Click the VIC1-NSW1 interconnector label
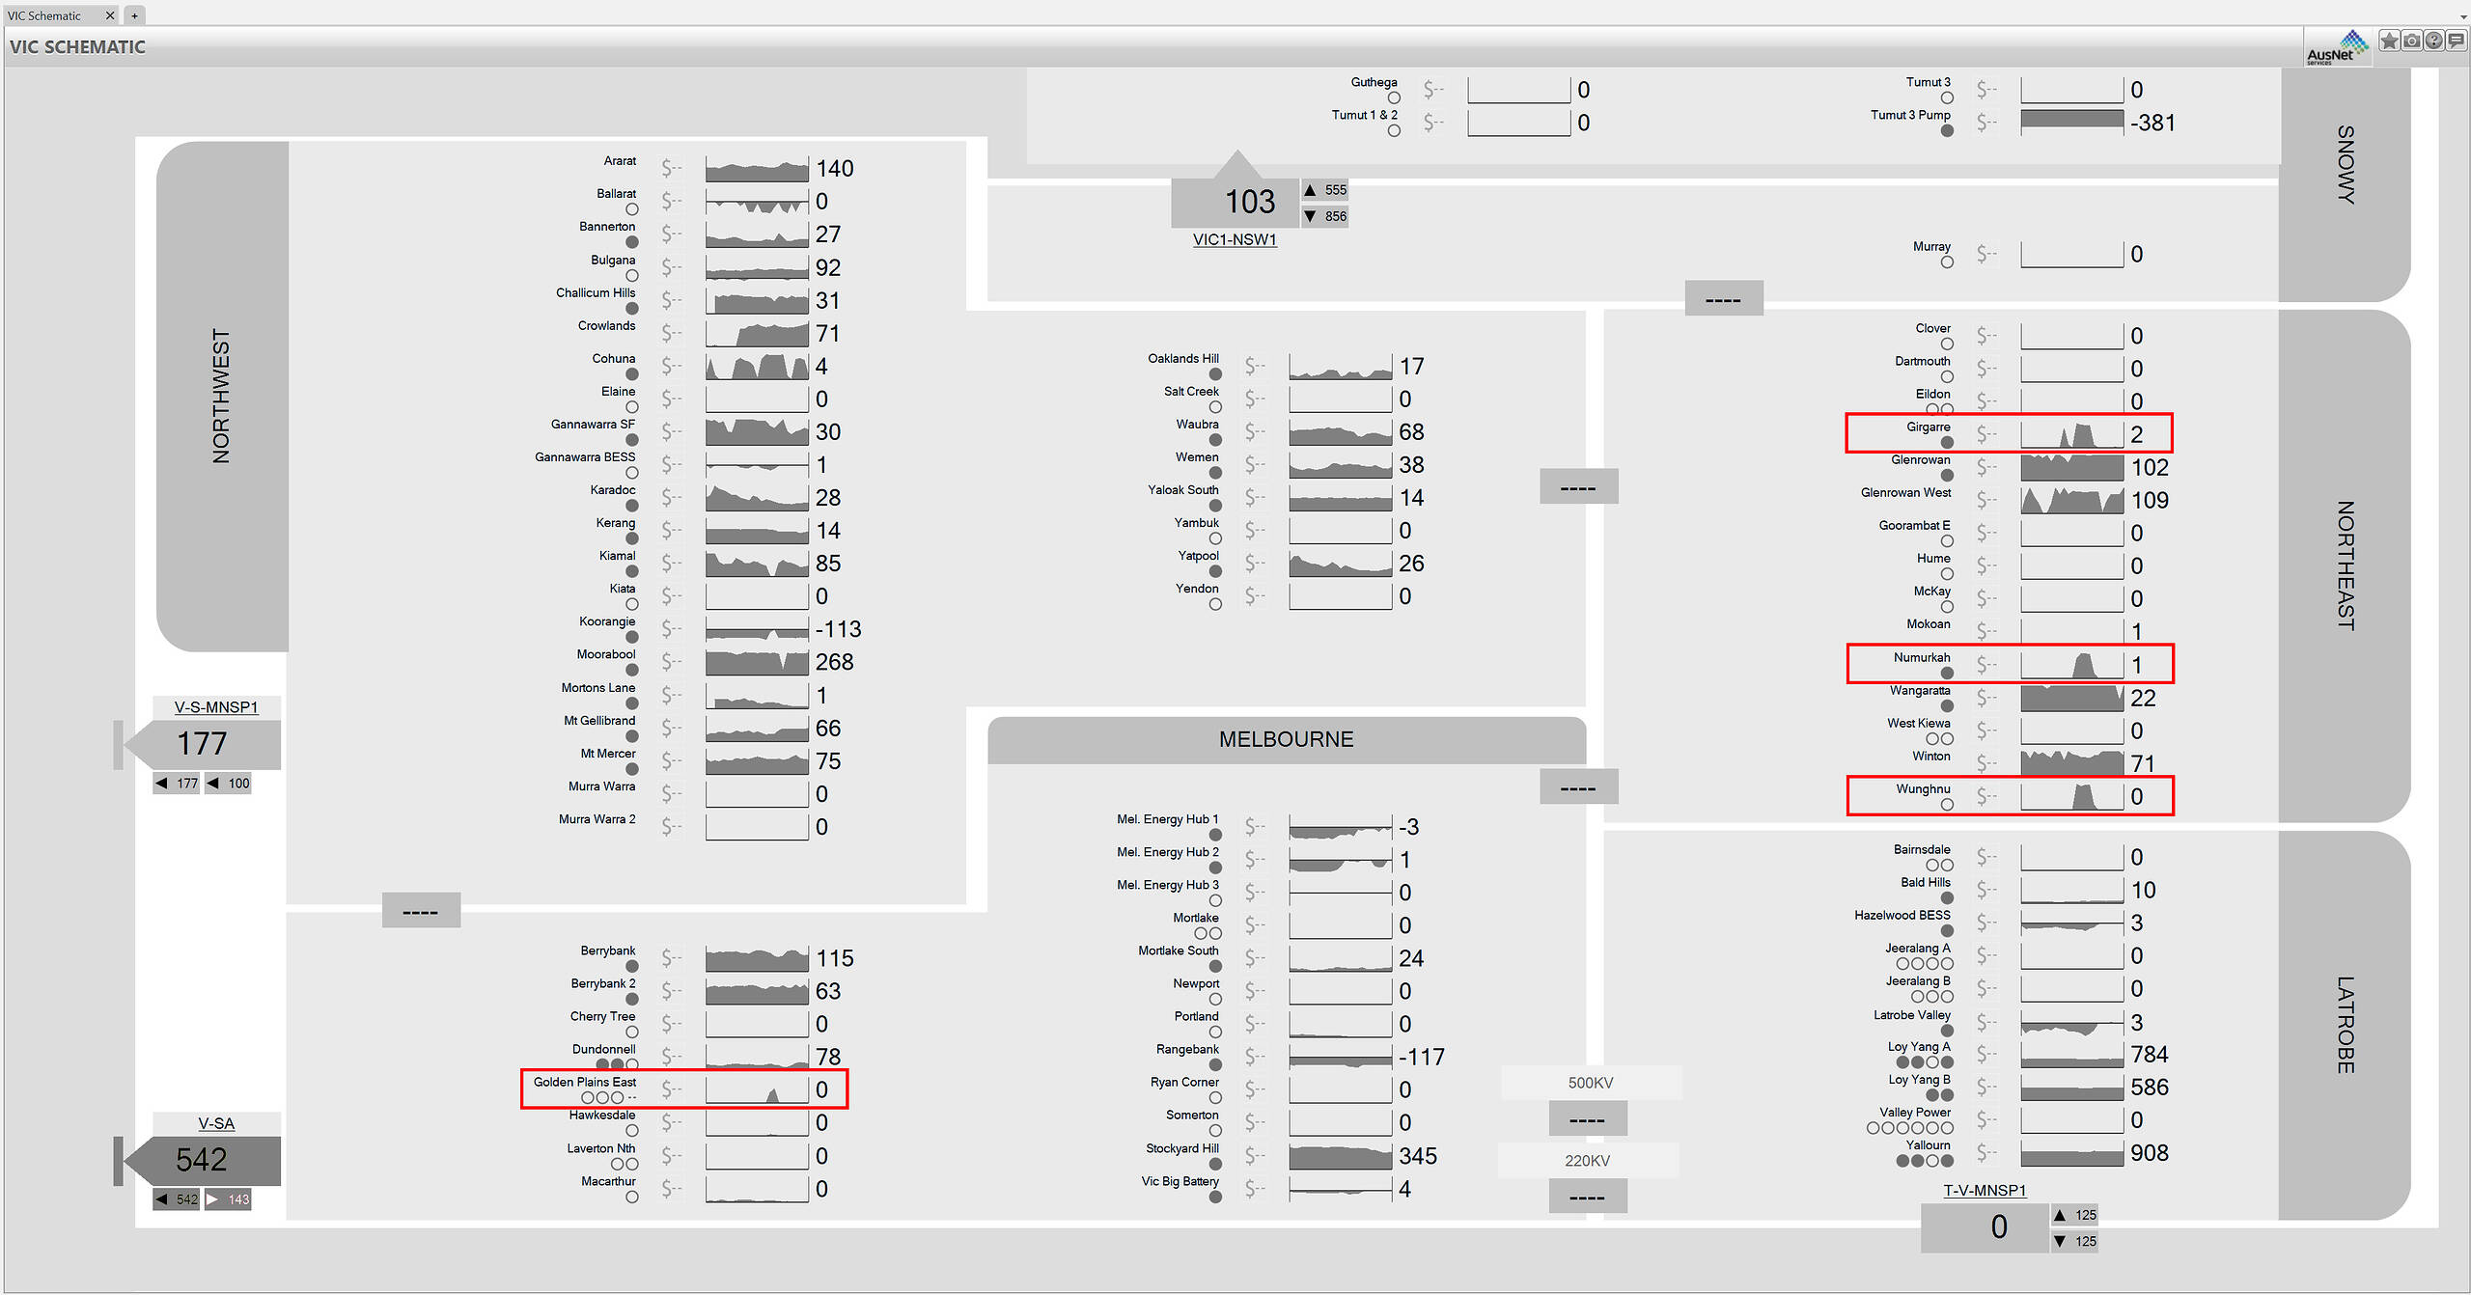[x=1235, y=239]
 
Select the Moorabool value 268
[x=834, y=662]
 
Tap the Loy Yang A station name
[x=1919, y=1047]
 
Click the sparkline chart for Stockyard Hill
[x=1340, y=1156]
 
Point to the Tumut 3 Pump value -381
[x=2152, y=123]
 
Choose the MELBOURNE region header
[x=1286, y=739]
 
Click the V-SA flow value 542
[x=202, y=1159]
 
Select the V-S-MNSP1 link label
[x=216, y=707]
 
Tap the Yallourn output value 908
[x=2149, y=1153]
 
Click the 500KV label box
[x=1590, y=1083]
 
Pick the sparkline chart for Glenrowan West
[x=2071, y=500]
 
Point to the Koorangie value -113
[x=838, y=629]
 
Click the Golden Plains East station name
[x=584, y=1082]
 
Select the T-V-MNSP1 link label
[x=1985, y=1191]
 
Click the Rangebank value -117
[x=1421, y=1058]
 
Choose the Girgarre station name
[x=1928, y=427]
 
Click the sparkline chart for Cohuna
[x=757, y=367]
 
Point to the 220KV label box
[x=1588, y=1160]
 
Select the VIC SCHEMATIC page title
[x=77, y=46]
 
